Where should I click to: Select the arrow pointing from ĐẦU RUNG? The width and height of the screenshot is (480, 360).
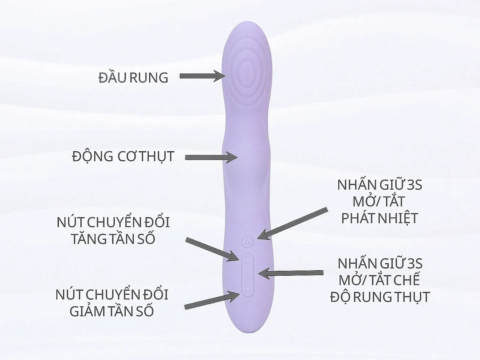pyautogui.click(x=202, y=76)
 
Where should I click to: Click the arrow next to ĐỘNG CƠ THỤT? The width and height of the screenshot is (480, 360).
pyautogui.click(x=211, y=157)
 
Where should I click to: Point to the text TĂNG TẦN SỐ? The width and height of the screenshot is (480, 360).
pyautogui.click(x=113, y=239)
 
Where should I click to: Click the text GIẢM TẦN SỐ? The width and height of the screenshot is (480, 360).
pyautogui.click(x=112, y=311)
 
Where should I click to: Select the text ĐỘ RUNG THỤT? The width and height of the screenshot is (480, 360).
pyautogui.click(x=380, y=297)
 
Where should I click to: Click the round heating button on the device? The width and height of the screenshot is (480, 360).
pyautogui.click(x=247, y=242)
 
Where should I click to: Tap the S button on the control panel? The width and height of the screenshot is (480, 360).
pyautogui.click(x=247, y=275)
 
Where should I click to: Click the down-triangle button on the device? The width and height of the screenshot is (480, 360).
pyautogui.click(x=248, y=290)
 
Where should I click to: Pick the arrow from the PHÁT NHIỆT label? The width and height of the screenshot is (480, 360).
pyautogui.click(x=292, y=224)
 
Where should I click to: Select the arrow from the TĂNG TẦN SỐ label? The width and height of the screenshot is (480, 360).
pyautogui.click(x=212, y=249)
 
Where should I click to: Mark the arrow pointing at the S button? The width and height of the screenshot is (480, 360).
pyautogui.click(x=291, y=273)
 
